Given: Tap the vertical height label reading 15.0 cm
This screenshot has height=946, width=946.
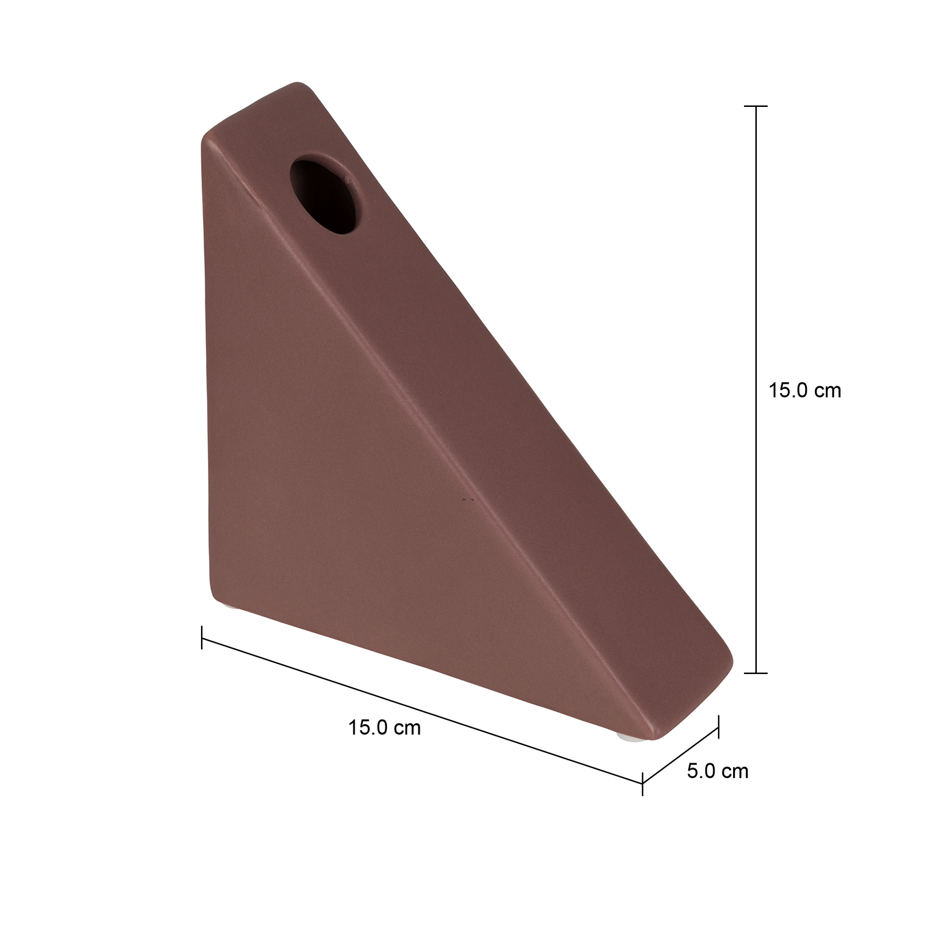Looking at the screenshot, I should [x=805, y=390].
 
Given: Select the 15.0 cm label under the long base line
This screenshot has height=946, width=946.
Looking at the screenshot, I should [x=384, y=728].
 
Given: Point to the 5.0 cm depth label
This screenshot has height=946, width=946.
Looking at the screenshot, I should [x=717, y=771].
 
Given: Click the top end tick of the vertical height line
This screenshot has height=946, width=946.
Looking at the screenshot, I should [x=755, y=106].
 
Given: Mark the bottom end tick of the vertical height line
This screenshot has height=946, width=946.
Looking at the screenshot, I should [x=755, y=673].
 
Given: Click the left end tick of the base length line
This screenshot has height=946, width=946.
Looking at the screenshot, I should [x=202, y=637].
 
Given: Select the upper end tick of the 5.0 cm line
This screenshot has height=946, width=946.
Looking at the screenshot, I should [x=718, y=727].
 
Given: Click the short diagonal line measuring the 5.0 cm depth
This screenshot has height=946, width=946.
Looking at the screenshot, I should [x=681, y=755].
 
